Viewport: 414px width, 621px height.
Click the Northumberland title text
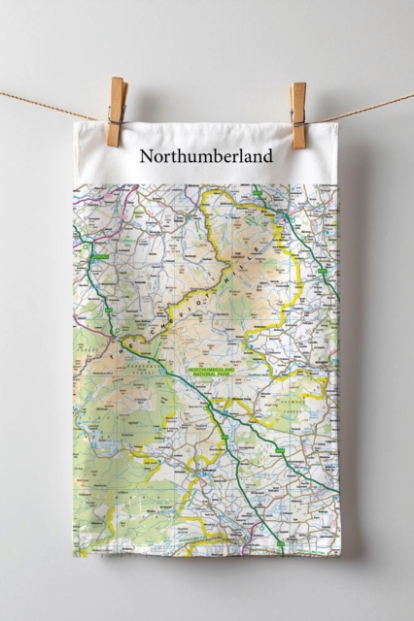(206, 155)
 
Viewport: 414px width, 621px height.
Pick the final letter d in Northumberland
(267, 155)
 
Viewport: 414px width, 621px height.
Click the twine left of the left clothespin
(49, 104)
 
